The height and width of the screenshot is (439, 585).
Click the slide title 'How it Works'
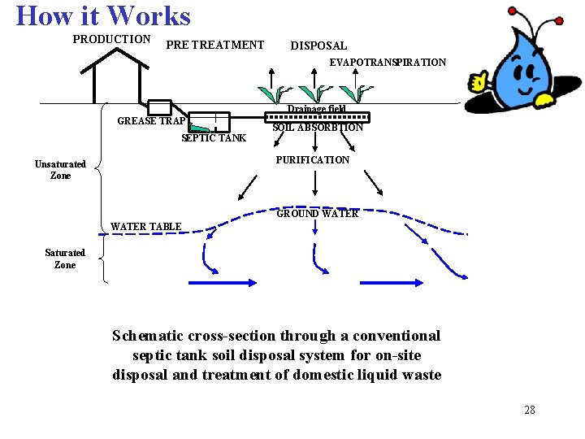(103, 16)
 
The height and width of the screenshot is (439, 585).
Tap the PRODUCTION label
(111, 39)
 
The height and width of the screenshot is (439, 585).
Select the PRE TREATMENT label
(214, 45)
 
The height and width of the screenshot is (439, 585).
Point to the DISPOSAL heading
(318, 46)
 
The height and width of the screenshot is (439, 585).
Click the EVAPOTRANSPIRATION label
(388, 62)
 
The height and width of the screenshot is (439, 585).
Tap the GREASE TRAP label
(152, 121)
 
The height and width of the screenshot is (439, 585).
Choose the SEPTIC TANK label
(213, 137)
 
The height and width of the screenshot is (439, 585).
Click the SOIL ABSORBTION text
(318, 128)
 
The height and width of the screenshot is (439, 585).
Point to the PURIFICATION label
(313, 160)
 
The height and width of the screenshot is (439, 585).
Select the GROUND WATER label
(317, 214)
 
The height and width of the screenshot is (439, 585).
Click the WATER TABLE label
(146, 226)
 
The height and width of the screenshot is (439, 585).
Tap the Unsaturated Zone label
(60, 170)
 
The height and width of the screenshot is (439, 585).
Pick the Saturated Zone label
(65, 259)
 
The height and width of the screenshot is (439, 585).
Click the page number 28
(530, 410)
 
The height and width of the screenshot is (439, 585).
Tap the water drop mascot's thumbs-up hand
(480, 80)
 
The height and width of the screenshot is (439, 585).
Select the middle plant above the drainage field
(314, 93)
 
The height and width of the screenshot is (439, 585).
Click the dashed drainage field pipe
(319, 116)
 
